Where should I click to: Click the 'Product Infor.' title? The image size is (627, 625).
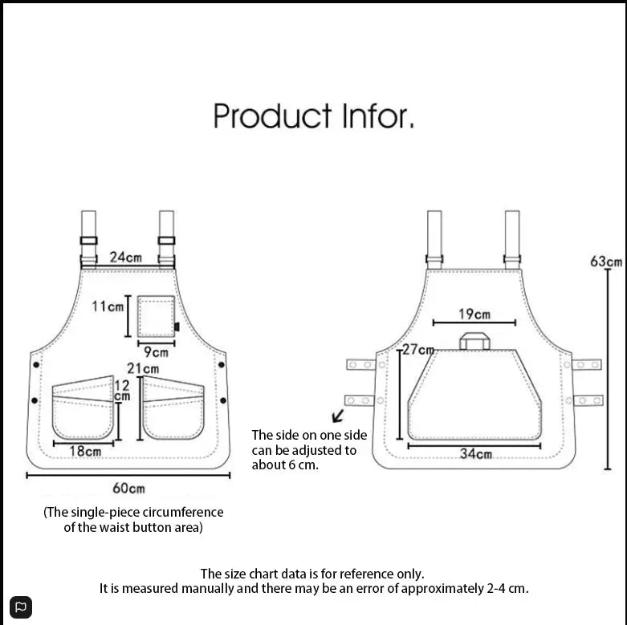(x=314, y=116)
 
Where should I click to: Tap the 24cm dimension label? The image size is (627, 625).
(x=126, y=258)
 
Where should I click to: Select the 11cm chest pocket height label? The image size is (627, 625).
(x=108, y=306)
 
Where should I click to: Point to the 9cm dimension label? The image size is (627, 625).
(x=157, y=351)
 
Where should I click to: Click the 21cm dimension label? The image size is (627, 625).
(x=143, y=368)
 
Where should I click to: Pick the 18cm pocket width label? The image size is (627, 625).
(x=85, y=451)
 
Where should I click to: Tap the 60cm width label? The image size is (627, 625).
(x=128, y=488)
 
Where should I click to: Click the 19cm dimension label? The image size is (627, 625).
(x=474, y=314)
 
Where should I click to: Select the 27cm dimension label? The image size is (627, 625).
(x=418, y=350)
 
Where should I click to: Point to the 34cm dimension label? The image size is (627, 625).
(x=475, y=454)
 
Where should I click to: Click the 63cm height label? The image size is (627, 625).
(x=606, y=262)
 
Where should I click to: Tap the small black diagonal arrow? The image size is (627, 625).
(x=338, y=416)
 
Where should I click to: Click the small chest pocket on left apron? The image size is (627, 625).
(x=156, y=316)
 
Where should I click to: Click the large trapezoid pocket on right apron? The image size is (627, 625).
(x=474, y=397)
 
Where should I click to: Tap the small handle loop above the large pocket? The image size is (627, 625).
(x=474, y=341)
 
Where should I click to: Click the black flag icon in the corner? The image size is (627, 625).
(x=22, y=607)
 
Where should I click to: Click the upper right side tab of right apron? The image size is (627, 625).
(x=587, y=365)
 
